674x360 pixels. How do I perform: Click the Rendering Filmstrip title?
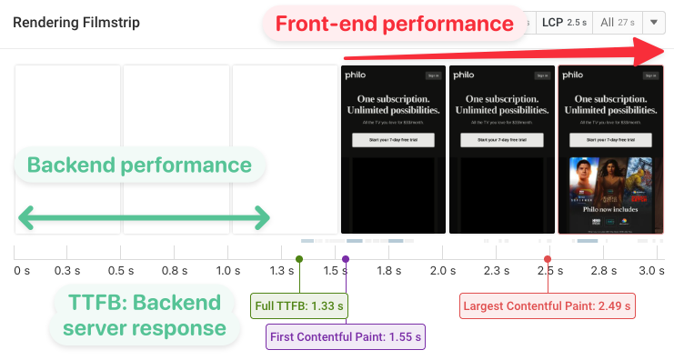(x=76, y=23)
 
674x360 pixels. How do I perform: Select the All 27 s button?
(x=619, y=23)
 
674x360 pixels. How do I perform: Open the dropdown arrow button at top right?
(x=655, y=23)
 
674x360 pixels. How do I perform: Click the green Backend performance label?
(x=139, y=165)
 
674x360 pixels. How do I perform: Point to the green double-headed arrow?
(x=144, y=217)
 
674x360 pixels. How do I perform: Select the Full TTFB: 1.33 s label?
(x=299, y=305)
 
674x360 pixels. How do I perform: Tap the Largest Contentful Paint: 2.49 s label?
(x=548, y=305)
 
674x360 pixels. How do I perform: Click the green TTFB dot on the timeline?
(x=299, y=260)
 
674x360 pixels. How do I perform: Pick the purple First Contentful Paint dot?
(x=346, y=260)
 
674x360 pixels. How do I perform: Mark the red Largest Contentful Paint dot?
(x=548, y=260)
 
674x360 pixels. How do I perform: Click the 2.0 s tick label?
(x=442, y=271)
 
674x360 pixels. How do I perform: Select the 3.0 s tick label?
(x=651, y=271)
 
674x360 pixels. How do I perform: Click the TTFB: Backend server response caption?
(x=144, y=315)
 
